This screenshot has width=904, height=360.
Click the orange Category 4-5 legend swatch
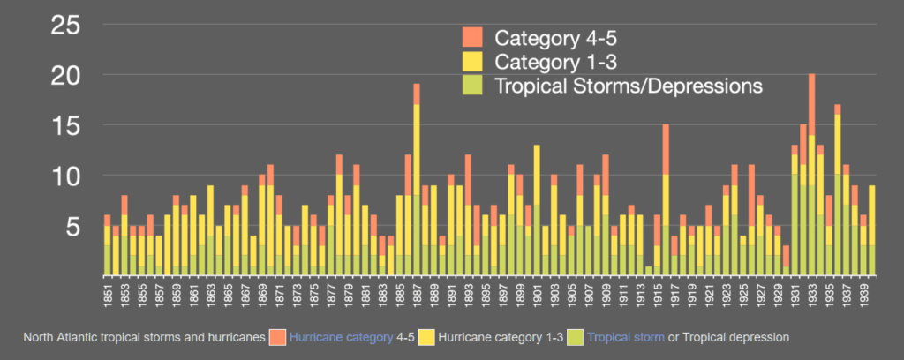coord(471,37)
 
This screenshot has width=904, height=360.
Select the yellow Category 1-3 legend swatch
coord(471,62)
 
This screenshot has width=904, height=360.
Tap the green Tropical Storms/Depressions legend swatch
coord(471,86)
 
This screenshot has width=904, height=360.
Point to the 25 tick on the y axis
coord(67,26)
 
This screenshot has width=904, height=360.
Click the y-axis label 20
coord(67,77)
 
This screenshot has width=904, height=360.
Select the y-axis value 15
coord(67,126)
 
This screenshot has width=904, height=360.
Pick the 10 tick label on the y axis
coord(67,176)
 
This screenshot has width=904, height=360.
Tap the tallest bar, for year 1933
coord(811,176)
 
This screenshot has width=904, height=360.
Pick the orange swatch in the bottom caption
coord(276,336)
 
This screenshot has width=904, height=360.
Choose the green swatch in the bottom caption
coord(575,336)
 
